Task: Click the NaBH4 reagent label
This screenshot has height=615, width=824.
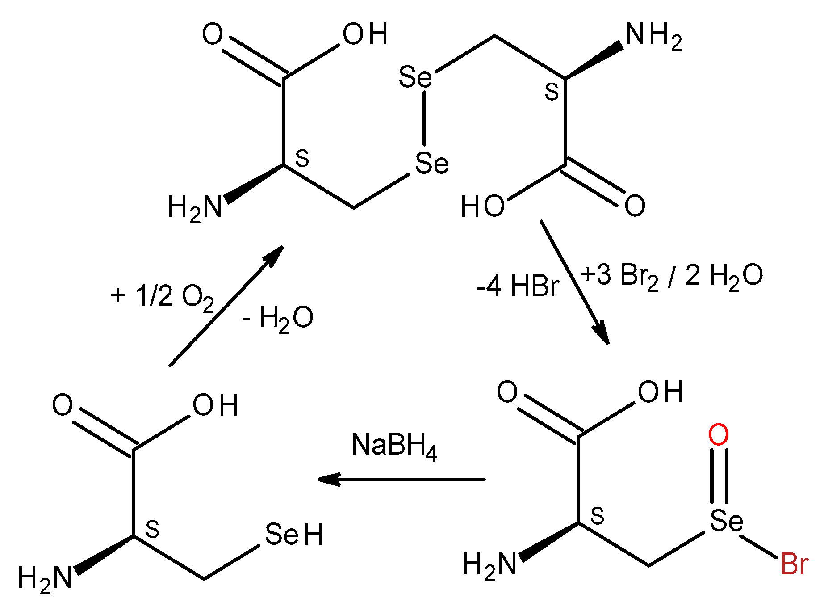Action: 394,446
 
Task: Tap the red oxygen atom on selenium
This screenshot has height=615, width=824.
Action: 719,435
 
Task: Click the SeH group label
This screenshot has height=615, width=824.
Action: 293,535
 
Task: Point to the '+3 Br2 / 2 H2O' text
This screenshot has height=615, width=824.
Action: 671,276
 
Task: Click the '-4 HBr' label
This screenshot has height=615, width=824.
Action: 518,286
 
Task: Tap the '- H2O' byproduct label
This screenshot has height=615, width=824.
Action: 277,319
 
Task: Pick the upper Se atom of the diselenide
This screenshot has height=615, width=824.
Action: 415,77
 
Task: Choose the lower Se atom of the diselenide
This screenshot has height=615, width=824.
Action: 431,163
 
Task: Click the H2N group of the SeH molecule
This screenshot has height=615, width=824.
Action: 45,578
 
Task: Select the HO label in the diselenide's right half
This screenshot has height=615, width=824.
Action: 483,206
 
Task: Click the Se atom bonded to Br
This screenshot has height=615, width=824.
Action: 726,520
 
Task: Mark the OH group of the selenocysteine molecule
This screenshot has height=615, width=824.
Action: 215,406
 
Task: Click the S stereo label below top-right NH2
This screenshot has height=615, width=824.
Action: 552,92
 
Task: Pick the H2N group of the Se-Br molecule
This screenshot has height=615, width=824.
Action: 489,564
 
